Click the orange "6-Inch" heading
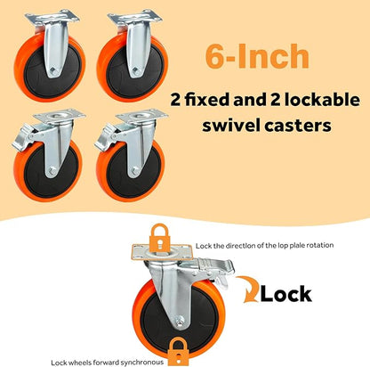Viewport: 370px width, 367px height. [257, 56]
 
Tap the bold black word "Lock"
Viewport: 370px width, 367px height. [286, 294]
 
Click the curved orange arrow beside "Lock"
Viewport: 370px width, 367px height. [247, 289]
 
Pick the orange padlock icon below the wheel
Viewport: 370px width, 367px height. [178, 351]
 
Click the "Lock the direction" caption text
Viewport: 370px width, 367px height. [264, 246]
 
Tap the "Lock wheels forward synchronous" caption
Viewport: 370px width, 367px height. [107, 363]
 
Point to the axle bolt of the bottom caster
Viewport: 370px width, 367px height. [179, 322]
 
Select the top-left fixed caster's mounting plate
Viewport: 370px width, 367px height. [52, 16]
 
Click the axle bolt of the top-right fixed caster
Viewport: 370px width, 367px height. [136, 70]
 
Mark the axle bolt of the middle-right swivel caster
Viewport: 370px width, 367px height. [135, 171]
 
